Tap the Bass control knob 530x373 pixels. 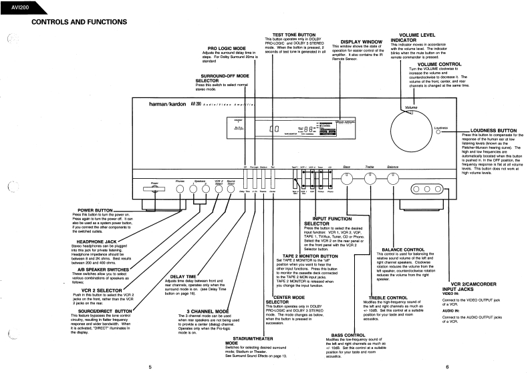tap(347, 177)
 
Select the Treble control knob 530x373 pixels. tap(370, 177)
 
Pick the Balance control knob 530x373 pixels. tap(394, 177)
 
